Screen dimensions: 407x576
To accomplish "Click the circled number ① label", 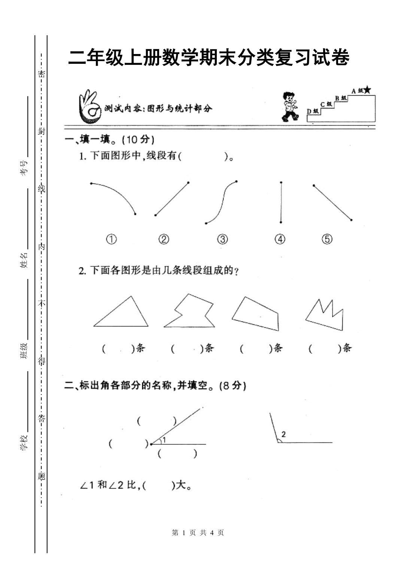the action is click(x=112, y=239).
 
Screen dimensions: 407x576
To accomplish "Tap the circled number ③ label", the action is click(x=222, y=239).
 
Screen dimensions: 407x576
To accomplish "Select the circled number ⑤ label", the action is click(x=327, y=239).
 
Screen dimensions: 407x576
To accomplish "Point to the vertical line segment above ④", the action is click(x=281, y=202).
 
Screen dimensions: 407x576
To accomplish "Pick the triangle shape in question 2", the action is click(x=121, y=311).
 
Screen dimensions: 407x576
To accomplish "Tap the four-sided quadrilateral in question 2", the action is click(x=255, y=314).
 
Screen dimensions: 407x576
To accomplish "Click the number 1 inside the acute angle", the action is click(x=164, y=440).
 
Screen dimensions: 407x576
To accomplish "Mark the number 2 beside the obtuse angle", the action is click(x=283, y=434).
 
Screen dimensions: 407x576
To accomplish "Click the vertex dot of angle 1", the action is click(x=151, y=444).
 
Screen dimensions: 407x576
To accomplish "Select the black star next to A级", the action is click(x=367, y=90).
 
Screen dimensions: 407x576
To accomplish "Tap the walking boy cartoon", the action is click(x=290, y=106).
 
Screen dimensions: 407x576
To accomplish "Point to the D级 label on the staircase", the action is click(x=313, y=111).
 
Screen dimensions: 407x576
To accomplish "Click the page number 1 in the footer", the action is click(x=183, y=533).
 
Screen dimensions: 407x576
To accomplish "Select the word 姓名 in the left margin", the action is click(x=24, y=260).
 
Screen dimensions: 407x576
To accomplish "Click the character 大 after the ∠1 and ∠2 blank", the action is click(x=181, y=485).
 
